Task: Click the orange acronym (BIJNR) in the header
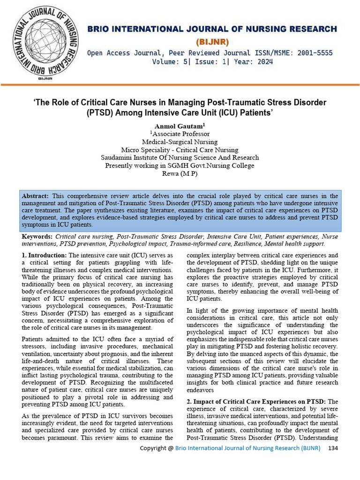coord(212,42)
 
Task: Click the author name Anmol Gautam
coord(178,126)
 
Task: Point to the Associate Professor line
coord(180,134)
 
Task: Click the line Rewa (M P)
coord(180,173)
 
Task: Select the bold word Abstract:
coord(35,196)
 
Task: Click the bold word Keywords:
coord(37,237)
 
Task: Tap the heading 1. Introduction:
coord(45,255)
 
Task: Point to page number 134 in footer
coord(333,449)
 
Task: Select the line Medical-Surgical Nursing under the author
coord(180,142)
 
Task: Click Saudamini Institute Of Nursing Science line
coord(180,157)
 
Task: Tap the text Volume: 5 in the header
coord(170,62)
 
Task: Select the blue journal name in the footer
coord(248,449)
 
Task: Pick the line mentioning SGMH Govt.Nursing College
coord(180,165)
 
